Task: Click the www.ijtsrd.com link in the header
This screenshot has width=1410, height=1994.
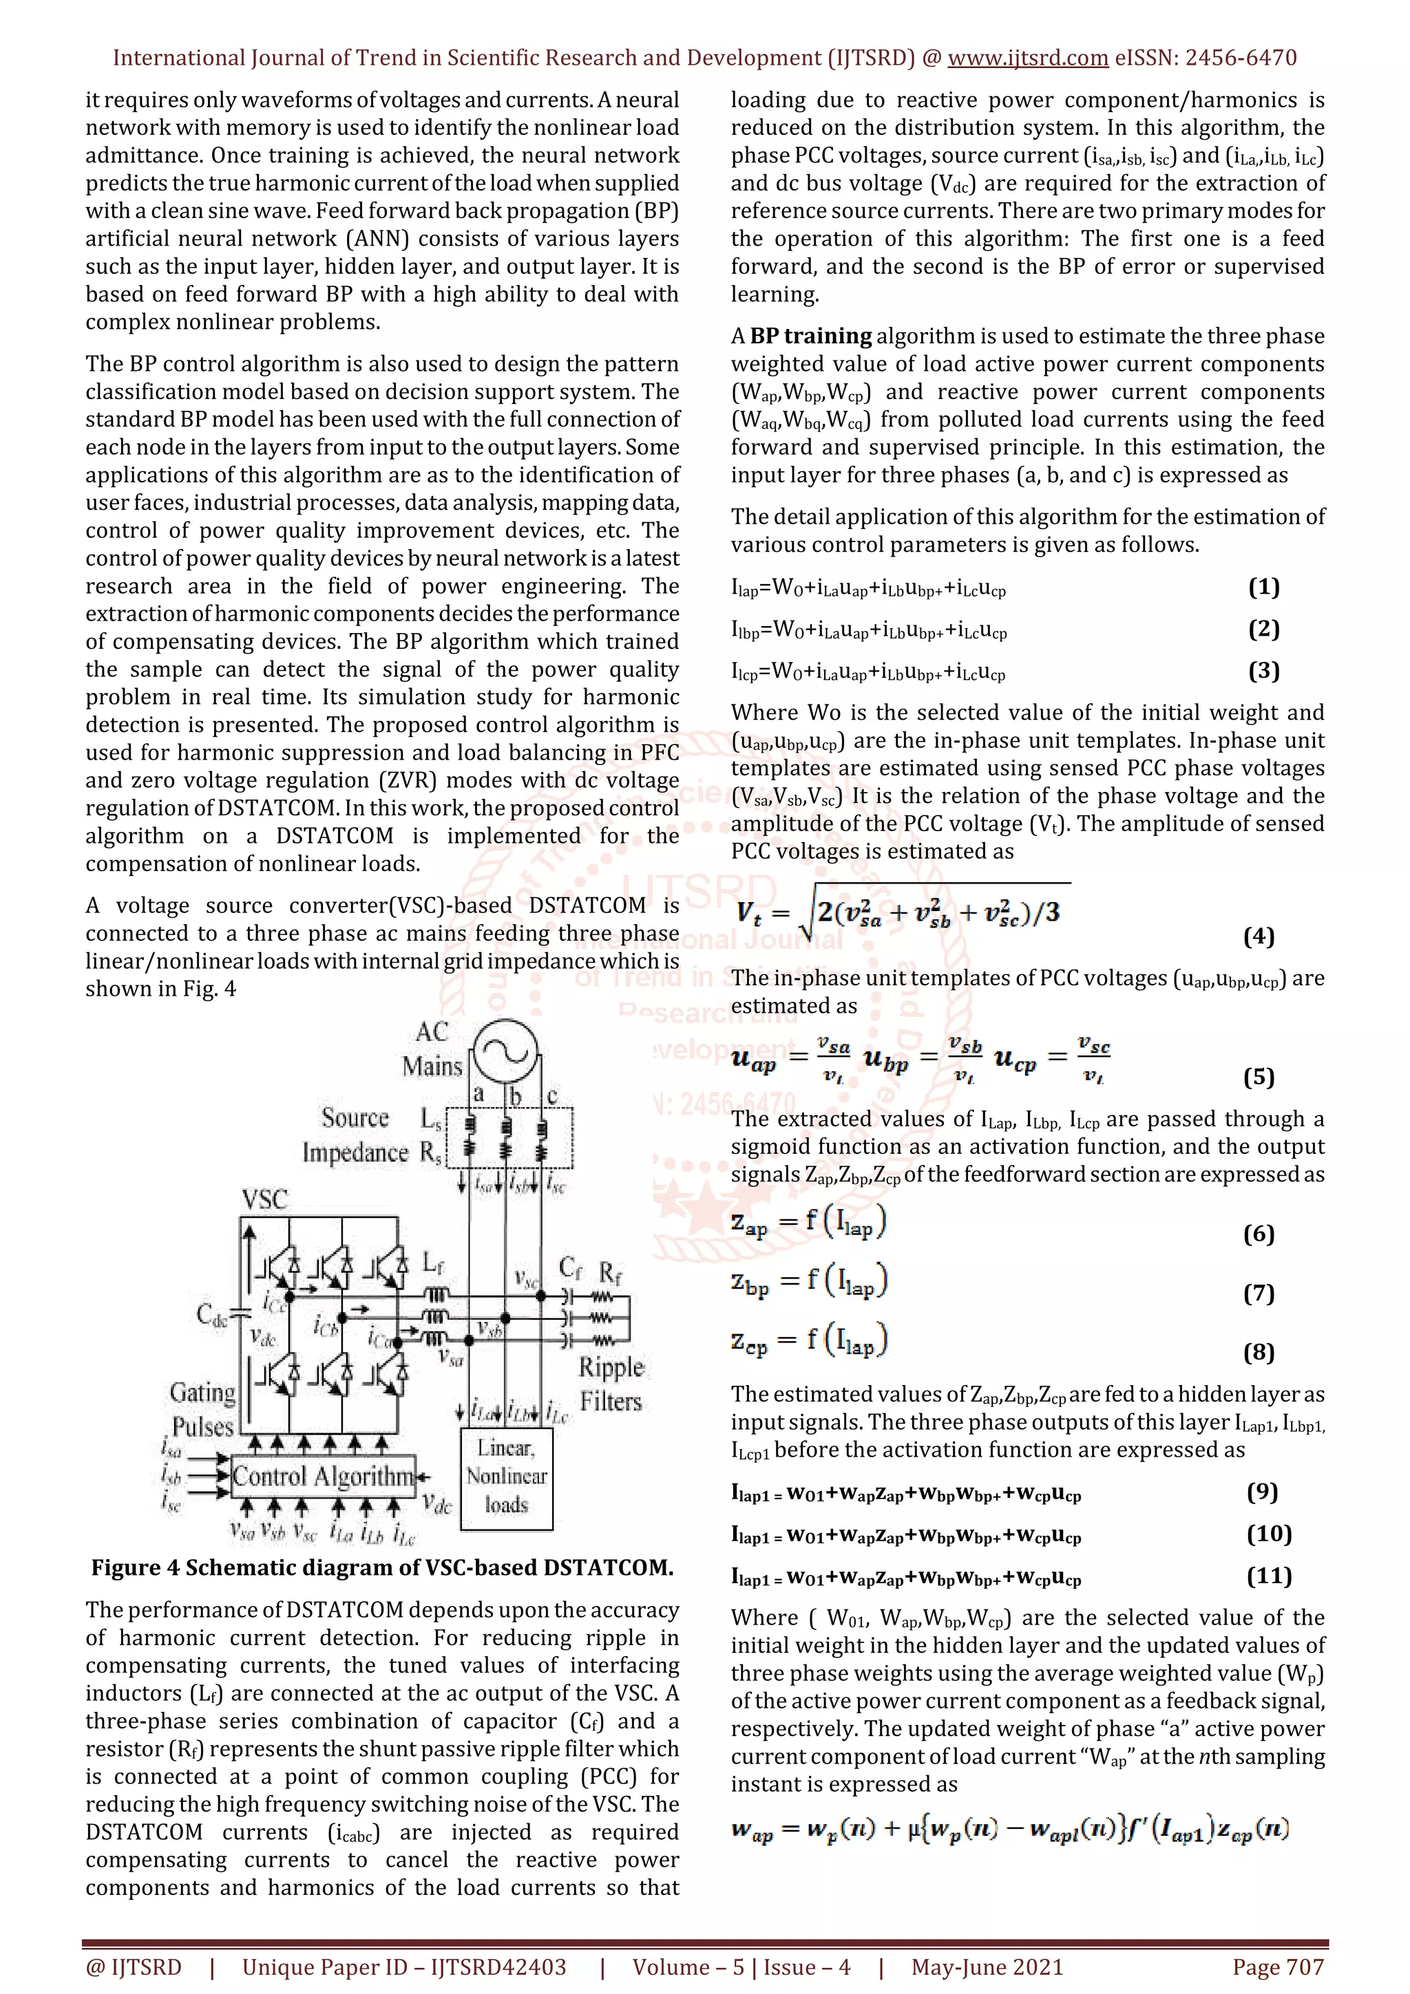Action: point(1027,58)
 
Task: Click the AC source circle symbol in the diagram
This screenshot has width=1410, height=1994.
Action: point(505,1053)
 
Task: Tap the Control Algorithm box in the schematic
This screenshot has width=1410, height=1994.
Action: point(323,1477)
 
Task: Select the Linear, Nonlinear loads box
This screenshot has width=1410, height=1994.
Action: point(507,1477)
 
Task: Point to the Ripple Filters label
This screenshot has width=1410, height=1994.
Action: point(611,1384)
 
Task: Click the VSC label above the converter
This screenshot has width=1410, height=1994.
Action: point(264,1199)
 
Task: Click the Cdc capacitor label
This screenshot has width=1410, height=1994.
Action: point(211,1315)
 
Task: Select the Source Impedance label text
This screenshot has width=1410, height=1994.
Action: point(355,1135)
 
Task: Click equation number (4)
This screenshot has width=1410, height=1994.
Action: point(1258,936)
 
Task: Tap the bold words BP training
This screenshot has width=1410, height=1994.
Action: point(810,336)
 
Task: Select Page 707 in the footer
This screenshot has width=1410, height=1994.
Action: point(1277,1967)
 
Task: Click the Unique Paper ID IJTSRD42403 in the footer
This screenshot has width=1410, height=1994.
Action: point(404,1967)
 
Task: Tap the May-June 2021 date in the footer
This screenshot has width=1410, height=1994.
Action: point(987,1967)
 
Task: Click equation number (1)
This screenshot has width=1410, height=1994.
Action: point(1263,587)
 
